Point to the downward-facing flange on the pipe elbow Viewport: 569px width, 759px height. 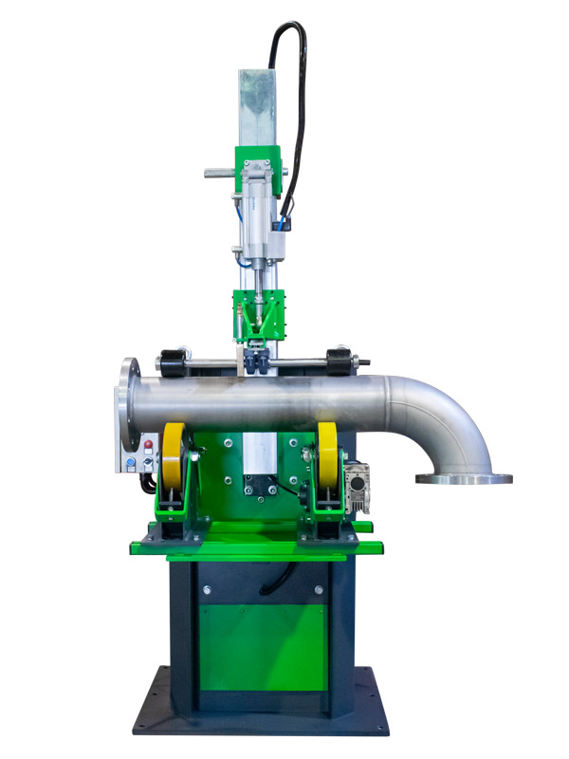click(x=463, y=478)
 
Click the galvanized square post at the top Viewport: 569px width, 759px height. click(x=249, y=104)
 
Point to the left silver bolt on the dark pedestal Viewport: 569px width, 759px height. click(x=203, y=589)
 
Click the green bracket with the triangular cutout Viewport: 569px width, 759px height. click(x=258, y=313)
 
